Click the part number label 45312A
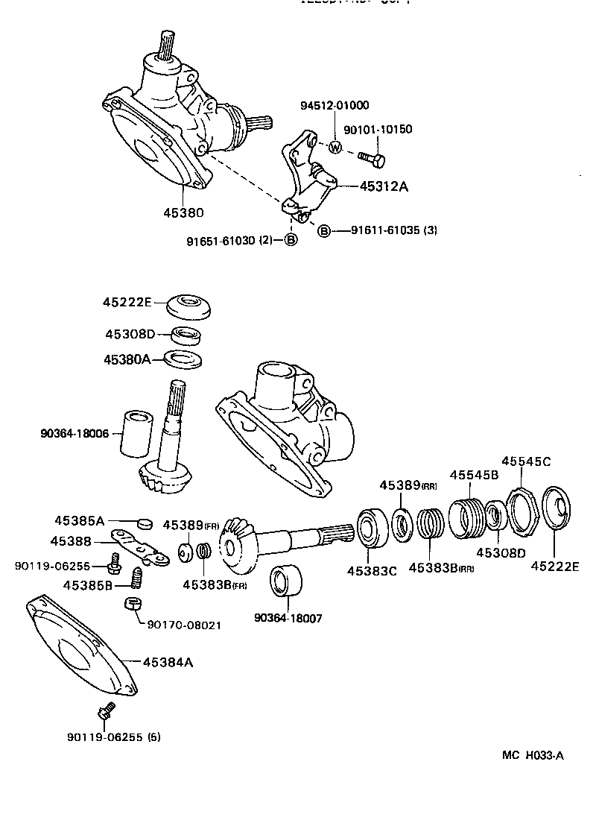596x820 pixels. pos(384,186)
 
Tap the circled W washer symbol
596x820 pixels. pos(335,147)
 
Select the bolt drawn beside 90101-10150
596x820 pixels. pos(371,157)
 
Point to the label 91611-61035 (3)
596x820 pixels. pos(394,230)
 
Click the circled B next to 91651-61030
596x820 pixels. pos(291,239)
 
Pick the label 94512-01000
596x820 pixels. pos(335,105)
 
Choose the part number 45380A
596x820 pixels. pos(127,359)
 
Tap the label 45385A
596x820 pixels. pos(79,520)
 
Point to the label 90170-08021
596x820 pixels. pos(184,625)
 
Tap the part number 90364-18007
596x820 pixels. pos(288,619)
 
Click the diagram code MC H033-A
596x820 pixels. pos(533,755)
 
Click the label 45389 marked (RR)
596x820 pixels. pos(408,485)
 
